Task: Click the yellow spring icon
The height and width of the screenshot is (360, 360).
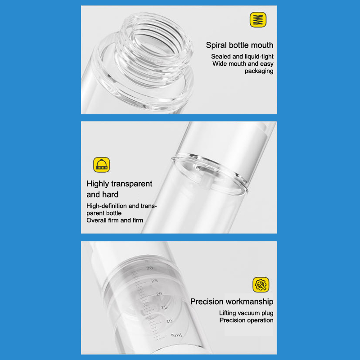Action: [258, 20]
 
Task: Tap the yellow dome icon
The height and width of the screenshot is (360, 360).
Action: [102, 165]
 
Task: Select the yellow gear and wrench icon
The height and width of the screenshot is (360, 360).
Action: [261, 284]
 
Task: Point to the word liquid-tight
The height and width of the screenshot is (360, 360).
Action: [259, 57]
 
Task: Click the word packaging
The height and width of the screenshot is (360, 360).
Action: [259, 71]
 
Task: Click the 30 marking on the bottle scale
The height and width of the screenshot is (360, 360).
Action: [149, 268]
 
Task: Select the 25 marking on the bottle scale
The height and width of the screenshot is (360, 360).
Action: [154, 281]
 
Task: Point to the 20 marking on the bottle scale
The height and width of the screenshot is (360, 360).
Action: [159, 294]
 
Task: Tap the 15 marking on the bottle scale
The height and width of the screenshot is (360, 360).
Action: [164, 307]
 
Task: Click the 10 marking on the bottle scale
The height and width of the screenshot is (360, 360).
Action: [169, 321]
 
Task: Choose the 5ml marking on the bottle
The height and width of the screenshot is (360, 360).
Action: [176, 335]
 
